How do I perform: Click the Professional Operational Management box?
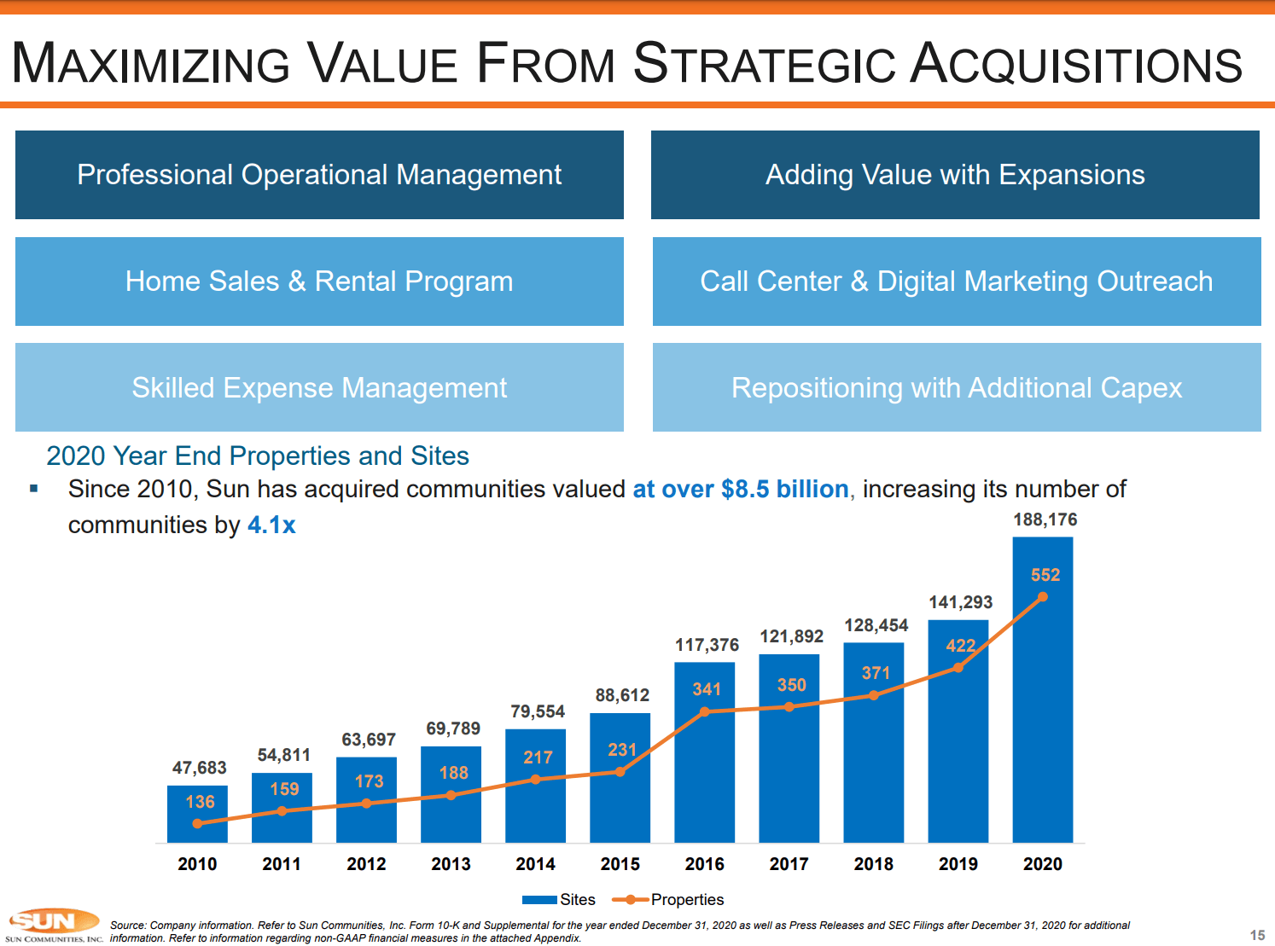[x=319, y=175]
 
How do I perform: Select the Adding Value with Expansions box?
[x=955, y=175]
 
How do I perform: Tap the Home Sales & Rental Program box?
[x=319, y=281]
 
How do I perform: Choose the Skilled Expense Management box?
[x=319, y=388]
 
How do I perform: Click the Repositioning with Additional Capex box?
[x=957, y=388]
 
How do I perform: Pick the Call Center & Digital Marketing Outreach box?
[x=957, y=281]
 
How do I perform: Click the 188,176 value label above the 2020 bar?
[x=1045, y=520]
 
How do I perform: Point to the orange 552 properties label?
[x=1045, y=575]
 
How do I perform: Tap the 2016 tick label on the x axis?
[x=704, y=864]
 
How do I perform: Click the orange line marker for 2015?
[x=620, y=772]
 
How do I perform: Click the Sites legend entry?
[x=559, y=900]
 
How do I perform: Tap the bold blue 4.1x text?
[x=271, y=525]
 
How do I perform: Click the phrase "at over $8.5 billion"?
[x=740, y=490]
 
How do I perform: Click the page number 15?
[x=1257, y=935]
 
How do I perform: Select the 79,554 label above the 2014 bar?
[x=537, y=711]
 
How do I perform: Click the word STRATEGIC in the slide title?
[x=765, y=65]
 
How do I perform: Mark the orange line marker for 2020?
[x=1042, y=597]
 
